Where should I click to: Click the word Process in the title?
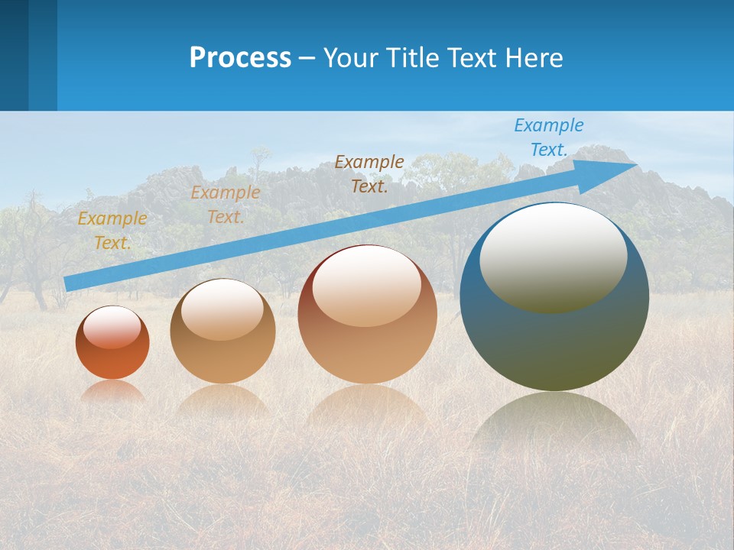tap(240, 58)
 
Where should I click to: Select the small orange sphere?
tap(112, 343)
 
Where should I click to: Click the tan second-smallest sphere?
tap(222, 332)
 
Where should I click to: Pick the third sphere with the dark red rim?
tap(367, 314)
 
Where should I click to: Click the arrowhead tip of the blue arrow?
tap(635, 165)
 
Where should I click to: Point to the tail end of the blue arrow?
tap(67, 284)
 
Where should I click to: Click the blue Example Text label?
tap(548, 137)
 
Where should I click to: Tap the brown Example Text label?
tap(369, 173)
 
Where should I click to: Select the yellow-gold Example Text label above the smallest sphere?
tap(112, 231)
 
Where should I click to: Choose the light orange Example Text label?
tap(225, 205)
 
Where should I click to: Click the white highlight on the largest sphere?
tap(553, 257)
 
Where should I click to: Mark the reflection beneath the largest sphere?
tap(554, 424)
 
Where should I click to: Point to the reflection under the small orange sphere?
tap(112, 392)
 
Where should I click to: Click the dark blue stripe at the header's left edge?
tap(14, 55)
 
